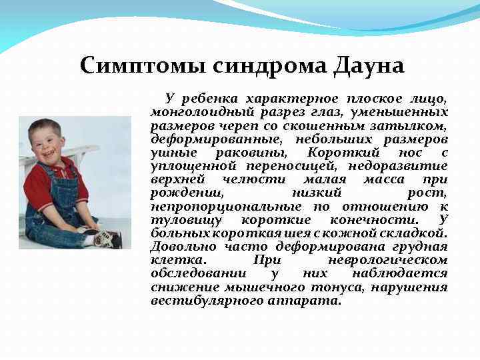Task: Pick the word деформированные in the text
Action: tap(210, 139)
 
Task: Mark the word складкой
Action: tap(415, 233)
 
